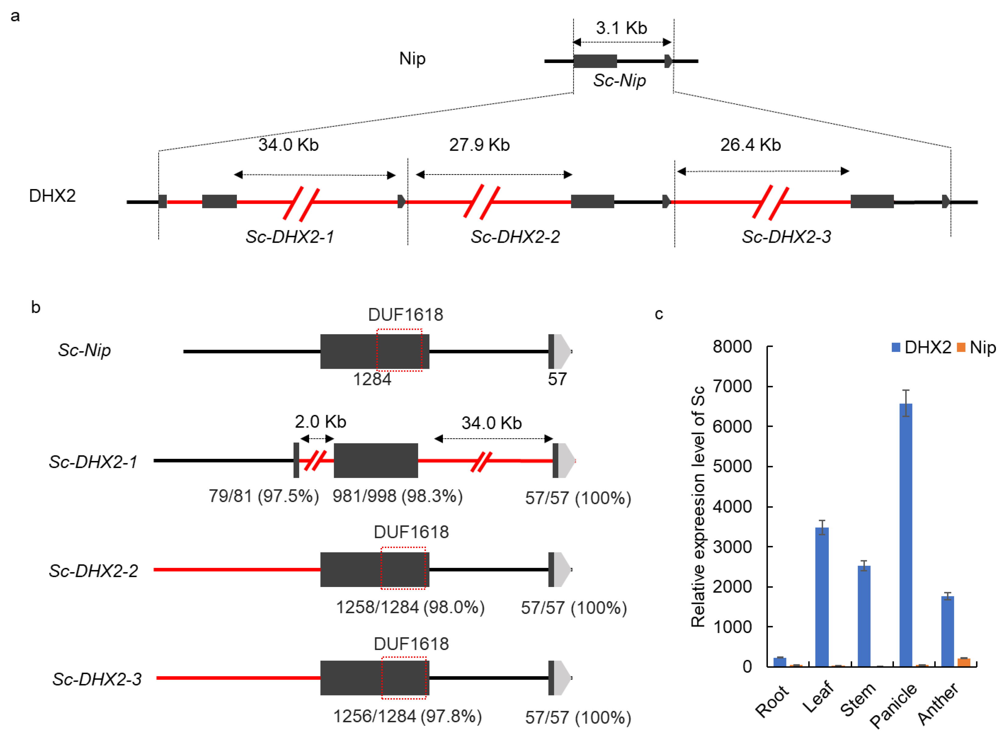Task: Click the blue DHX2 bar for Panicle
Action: [906, 534]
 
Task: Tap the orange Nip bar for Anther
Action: [963, 662]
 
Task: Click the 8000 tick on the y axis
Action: [732, 346]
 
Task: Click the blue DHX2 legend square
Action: [896, 347]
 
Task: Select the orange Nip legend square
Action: [961, 347]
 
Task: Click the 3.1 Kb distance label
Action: [621, 28]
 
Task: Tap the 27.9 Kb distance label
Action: [479, 145]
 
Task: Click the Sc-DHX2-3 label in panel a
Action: [786, 237]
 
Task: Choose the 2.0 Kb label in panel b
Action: [320, 422]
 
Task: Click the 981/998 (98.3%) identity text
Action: [397, 496]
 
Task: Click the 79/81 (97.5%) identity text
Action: [264, 496]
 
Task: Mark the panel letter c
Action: [659, 314]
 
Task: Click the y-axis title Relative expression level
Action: [698, 507]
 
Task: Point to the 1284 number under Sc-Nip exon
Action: [372, 379]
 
